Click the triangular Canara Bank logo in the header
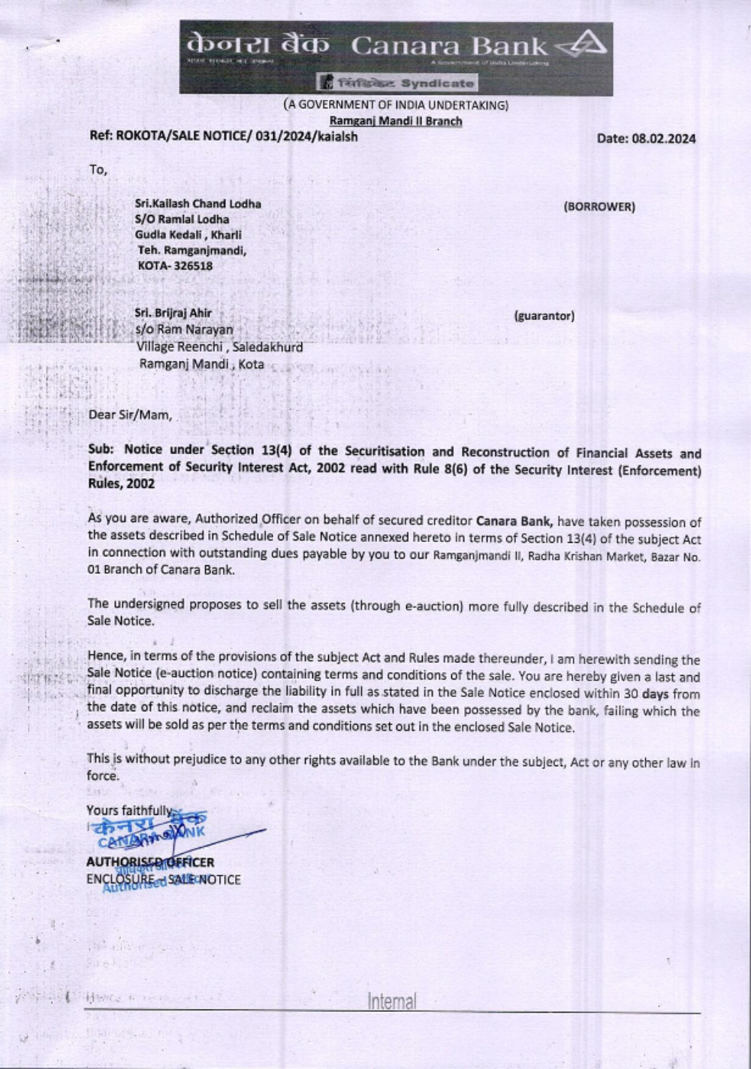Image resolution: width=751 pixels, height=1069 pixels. (x=583, y=47)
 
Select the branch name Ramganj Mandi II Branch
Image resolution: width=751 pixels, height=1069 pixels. (x=396, y=121)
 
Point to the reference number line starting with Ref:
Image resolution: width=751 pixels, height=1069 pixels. (x=224, y=137)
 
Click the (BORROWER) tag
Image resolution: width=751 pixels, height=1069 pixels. (x=599, y=207)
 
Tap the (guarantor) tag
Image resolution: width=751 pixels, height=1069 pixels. (x=544, y=316)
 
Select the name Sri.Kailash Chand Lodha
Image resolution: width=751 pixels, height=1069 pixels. (x=198, y=204)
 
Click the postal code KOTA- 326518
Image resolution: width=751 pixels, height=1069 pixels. (x=175, y=265)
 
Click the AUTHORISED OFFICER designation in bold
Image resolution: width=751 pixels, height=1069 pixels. (x=150, y=862)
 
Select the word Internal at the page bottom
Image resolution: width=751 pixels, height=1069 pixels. (x=391, y=1001)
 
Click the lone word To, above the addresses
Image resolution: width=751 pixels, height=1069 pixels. (x=98, y=170)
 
